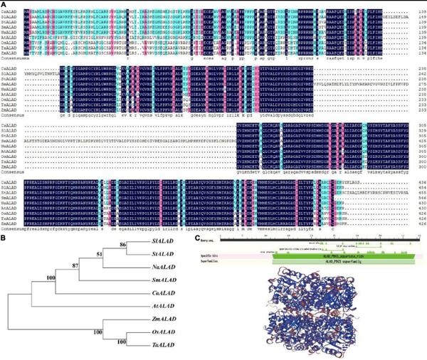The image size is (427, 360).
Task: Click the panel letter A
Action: point(4,4)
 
